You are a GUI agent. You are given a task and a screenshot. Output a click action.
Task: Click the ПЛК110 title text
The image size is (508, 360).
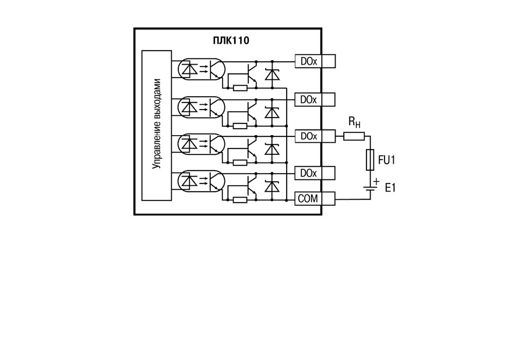coord(231,41)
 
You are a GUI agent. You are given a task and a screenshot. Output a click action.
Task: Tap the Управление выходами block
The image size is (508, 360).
coord(157,125)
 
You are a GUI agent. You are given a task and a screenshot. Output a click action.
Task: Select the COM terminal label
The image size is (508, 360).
coord(308,198)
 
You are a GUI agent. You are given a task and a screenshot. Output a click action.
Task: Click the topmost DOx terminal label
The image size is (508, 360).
coord(308,61)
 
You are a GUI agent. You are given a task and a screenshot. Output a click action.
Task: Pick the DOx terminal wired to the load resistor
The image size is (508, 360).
coord(308,136)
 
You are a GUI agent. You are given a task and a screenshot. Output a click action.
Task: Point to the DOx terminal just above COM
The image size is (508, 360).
coord(308,173)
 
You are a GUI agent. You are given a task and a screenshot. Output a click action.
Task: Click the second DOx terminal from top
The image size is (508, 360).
coord(308,100)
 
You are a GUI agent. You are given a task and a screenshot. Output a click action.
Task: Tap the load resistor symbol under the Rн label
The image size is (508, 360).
coord(354,136)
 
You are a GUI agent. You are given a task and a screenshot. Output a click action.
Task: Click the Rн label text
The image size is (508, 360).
coord(354,122)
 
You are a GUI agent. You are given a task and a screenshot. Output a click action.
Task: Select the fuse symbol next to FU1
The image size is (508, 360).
coord(370,160)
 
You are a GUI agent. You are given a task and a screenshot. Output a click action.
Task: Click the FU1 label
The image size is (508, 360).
coord(387,160)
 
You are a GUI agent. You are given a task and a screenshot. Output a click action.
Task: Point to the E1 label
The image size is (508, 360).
coord(390,188)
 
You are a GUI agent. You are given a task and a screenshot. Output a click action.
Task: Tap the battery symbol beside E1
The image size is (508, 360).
coord(370,189)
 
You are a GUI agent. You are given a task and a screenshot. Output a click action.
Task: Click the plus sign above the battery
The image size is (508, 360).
coord(376,182)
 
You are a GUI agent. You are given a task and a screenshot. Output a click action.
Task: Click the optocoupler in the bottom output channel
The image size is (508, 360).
coord(201,181)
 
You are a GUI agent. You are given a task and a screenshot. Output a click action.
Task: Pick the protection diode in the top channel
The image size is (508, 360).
coord(272,75)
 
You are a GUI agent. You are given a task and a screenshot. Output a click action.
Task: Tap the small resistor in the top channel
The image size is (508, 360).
coord(241,88)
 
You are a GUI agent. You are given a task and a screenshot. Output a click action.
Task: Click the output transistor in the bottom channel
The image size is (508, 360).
coord(252,186)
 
